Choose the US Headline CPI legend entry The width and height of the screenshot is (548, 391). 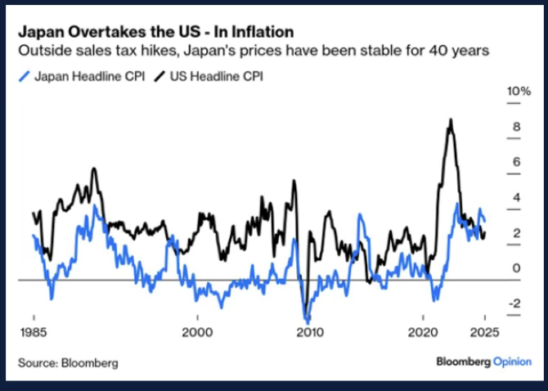217,76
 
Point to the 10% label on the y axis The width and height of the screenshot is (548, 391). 519,92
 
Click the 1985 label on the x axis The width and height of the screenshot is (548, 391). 34,333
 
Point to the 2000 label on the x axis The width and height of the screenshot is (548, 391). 196,333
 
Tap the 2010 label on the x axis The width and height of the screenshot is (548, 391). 308,333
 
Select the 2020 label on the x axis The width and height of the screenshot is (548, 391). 424,333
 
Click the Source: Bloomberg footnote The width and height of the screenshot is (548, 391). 68,362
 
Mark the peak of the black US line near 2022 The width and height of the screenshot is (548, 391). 450,119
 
